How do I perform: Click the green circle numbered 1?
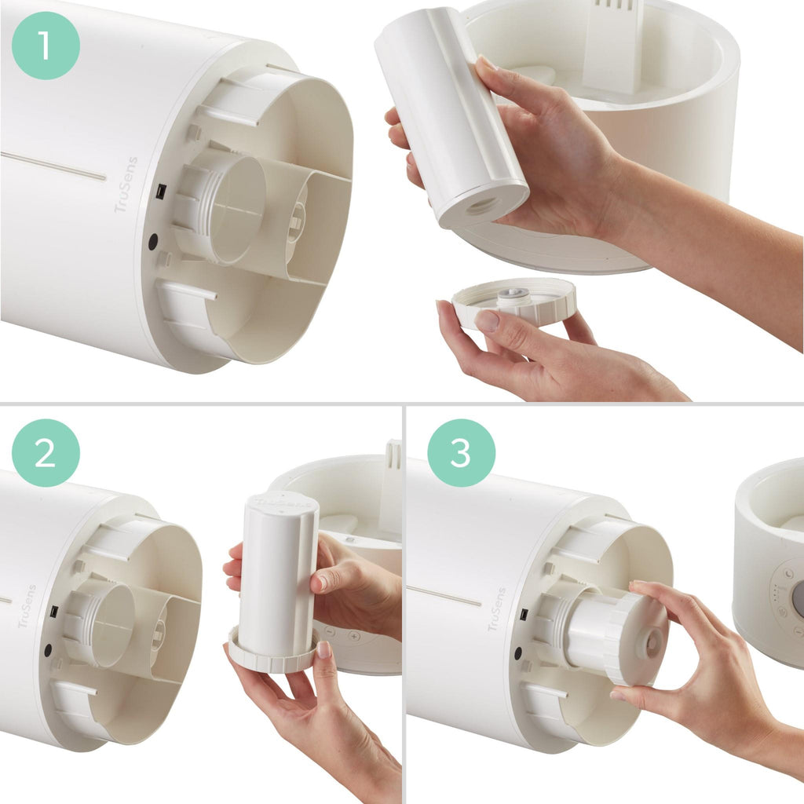coord(45,45)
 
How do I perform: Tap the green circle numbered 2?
coord(45,452)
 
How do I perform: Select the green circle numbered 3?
coord(461,452)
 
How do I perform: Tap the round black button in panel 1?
coord(153,242)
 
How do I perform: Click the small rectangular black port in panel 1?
coord(159,190)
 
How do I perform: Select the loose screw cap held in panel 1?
coord(515,301)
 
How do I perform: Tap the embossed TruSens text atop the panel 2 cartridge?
coord(280,499)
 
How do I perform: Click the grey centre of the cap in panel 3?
coord(652,643)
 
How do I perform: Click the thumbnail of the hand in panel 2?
coord(323,650)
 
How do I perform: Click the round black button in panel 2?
coord(48,650)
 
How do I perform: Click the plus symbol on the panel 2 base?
coord(354,634)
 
